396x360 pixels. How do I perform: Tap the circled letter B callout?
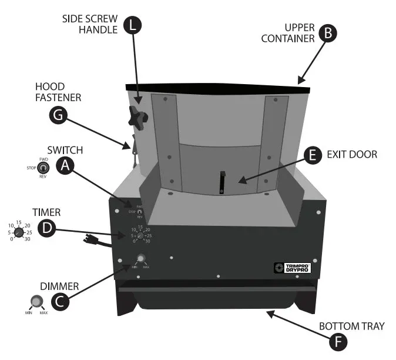tap(327, 33)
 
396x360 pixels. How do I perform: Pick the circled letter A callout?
tap(66, 167)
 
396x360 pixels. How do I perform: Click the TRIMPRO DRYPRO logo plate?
tap(293, 268)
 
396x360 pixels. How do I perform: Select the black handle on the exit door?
tap(223, 182)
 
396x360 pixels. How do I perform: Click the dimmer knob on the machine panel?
tap(140, 258)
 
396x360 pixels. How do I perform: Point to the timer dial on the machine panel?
tap(141, 235)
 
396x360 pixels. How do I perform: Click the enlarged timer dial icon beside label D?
tap(19, 232)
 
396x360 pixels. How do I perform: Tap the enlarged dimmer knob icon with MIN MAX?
tap(36, 303)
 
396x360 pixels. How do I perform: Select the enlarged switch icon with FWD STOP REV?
tap(43, 167)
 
